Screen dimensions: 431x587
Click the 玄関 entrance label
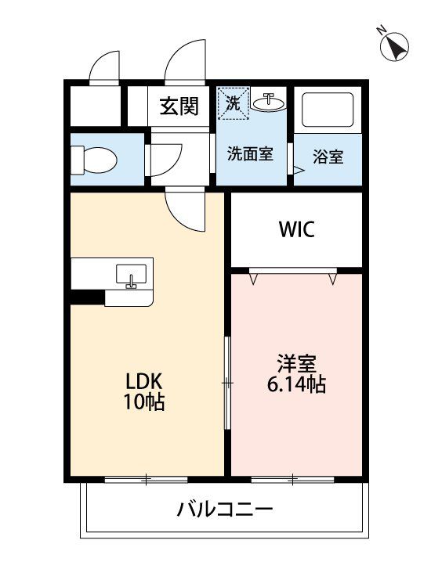pyautogui.click(x=179, y=106)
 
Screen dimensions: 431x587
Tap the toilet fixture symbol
pyautogui.click(x=94, y=160)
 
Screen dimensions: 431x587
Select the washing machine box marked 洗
pyautogui.click(x=233, y=103)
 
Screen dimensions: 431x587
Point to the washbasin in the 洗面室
pyautogui.click(x=268, y=101)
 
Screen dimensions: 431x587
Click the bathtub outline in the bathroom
pyautogui.click(x=328, y=110)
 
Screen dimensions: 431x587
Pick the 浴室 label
pyautogui.click(x=328, y=157)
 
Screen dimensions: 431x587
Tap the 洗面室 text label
pyautogui.click(x=250, y=154)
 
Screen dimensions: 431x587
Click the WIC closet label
pyautogui.click(x=296, y=229)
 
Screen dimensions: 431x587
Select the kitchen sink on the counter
pyautogui.click(x=131, y=275)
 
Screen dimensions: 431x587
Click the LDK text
pyautogui.click(x=143, y=382)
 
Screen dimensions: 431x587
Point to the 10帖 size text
pyautogui.click(x=144, y=402)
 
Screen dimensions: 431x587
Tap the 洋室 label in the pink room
pyautogui.click(x=296, y=363)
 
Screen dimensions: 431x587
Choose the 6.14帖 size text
pyautogui.click(x=296, y=384)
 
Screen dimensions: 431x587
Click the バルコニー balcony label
pyautogui.click(x=225, y=510)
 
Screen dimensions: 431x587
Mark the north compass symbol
pyautogui.click(x=394, y=48)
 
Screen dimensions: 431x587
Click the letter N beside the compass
pyautogui.click(x=382, y=30)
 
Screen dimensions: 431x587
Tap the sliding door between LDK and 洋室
pyautogui.click(x=227, y=383)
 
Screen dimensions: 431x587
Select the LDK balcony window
pyautogui.click(x=146, y=480)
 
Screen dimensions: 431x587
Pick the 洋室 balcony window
pyautogui.click(x=293, y=480)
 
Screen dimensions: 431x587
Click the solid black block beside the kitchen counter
pyautogui.click(x=87, y=297)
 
